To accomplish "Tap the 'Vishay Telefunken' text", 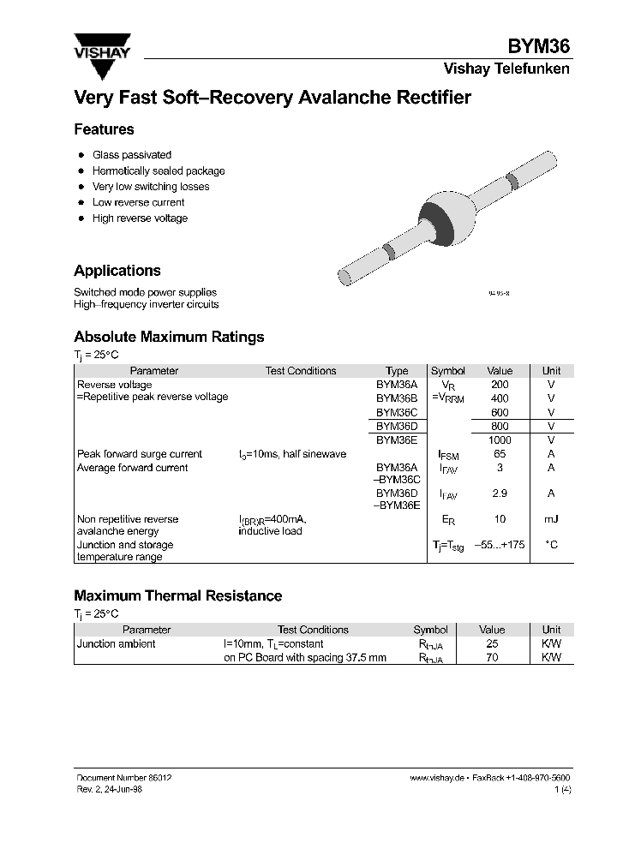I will [506, 69].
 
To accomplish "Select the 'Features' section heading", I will [104, 129].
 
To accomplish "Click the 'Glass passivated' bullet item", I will [132, 155].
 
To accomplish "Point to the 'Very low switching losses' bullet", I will [151, 187].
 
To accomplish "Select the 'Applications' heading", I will [117, 271].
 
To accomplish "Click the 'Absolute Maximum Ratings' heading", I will [169, 337].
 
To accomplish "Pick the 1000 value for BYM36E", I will [500, 439].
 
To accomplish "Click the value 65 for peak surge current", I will [500, 454].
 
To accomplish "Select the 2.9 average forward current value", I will [500, 493].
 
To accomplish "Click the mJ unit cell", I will [551, 519].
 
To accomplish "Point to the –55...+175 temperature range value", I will [500, 545].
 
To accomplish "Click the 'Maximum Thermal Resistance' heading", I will [177, 595].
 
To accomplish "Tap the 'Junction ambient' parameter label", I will [117, 644].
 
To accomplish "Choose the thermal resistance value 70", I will [492, 658].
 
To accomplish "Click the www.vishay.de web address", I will [437, 776].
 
